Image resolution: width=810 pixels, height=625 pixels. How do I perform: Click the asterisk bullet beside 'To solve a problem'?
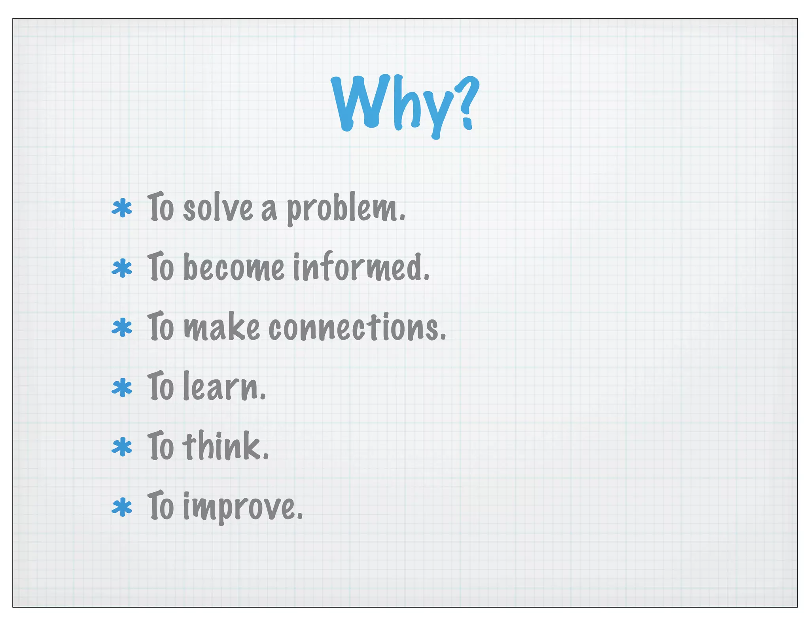[122, 209]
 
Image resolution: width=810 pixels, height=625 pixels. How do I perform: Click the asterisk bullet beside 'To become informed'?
[122, 268]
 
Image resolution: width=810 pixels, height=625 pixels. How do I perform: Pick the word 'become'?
[234, 267]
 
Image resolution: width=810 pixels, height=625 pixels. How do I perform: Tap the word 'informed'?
[361, 267]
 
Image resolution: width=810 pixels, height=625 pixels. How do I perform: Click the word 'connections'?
[357, 328]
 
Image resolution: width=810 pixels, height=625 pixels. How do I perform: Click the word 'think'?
[225, 446]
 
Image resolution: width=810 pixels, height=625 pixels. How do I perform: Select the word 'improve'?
[242, 507]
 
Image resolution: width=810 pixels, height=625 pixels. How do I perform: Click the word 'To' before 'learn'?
[161, 387]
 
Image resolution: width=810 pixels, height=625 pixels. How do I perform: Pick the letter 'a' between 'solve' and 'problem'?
[269, 210]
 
